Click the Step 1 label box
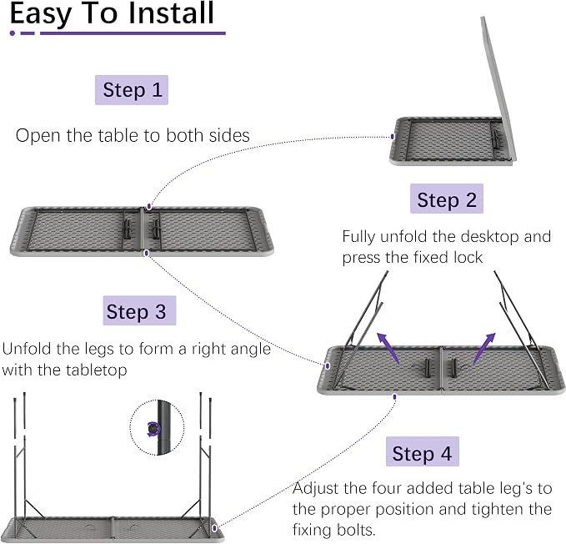pos(132,90)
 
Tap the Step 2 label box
pos(447,199)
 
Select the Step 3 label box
pos(139,310)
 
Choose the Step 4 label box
pos(423,451)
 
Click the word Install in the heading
pos(171,13)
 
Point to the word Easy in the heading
pos(40,15)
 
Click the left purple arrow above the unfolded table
pos(388,347)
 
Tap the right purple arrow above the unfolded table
pos(484,348)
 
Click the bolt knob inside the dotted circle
pos(153,429)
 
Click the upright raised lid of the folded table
pos(498,90)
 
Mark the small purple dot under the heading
pos(13,33)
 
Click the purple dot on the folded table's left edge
pos(393,137)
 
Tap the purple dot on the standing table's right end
pos(214,528)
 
